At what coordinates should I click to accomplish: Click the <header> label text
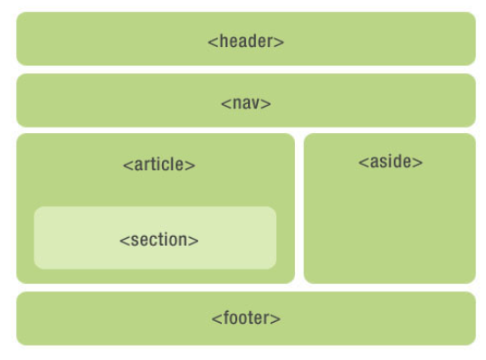pyautogui.click(x=245, y=41)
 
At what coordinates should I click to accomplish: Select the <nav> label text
pyautogui.click(x=245, y=102)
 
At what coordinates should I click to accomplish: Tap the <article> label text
pyautogui.click(x=158, y=165)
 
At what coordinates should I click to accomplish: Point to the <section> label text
pyautogui.click(x=158, y=240)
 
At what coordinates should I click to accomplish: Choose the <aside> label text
pyautogui.click(x=390, y=162)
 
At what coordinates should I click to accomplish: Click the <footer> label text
pyautogui.click(x=245, y=318)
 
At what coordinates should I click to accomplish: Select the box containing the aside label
pyautogui.click(x=389, y=226)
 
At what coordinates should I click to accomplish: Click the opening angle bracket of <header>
pyautogui.click(x=212, y=42)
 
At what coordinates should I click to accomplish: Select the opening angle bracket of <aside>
pyautogui.click(x=362, y=163)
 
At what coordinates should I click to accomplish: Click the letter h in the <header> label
pyautogui.click(x=221, y=41)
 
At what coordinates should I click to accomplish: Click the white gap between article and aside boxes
pyautogui.click(x=299, y=208)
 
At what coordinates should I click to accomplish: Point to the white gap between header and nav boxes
pyautogui.click(x=245, y=70)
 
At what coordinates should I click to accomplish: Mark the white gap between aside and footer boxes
pyautogui.click(x=389, y=288)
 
